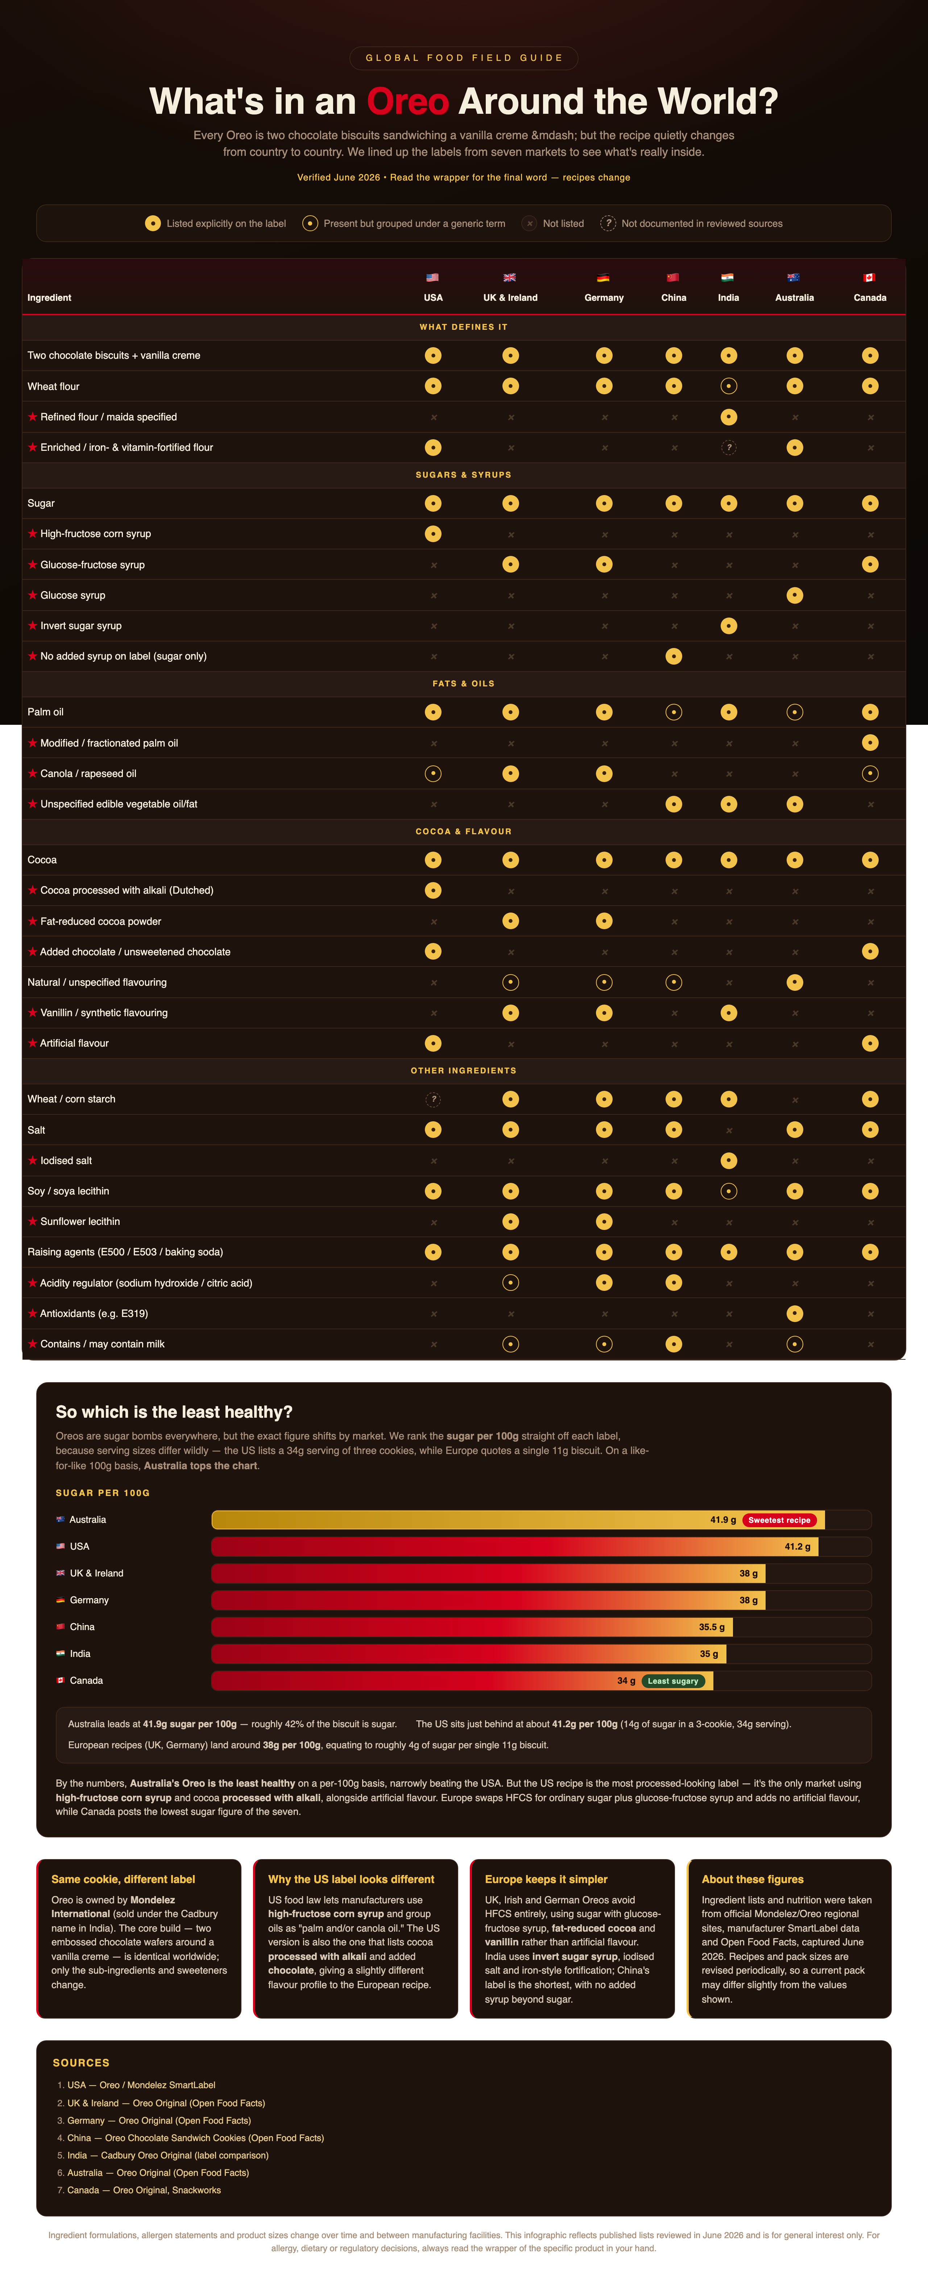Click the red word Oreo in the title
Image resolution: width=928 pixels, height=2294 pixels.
click(x=408, y=101)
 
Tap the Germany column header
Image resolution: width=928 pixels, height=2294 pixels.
click(x=604, y=298)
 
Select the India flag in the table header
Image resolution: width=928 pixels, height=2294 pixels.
click(x=728, y=277)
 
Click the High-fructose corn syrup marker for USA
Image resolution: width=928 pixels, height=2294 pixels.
click(x=433, y=533)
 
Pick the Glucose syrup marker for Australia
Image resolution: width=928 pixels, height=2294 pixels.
click(x=794, y=595)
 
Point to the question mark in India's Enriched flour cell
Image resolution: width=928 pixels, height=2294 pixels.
click(x=729, y=447)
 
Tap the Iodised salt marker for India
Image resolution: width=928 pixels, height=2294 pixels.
click(x=729, y=1160)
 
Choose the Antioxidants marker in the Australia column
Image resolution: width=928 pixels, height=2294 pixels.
click(x=794, y=1314)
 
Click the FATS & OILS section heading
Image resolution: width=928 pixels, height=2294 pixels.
click(x=463, y=683)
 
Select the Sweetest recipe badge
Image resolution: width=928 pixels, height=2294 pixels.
click(x=779, y=1520)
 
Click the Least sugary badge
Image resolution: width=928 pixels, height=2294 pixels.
click(x=672, y=1680)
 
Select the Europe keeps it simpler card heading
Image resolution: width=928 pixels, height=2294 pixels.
click(x=546, y=1879)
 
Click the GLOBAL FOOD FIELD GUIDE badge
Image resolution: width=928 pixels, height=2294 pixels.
click(x=464, y=58)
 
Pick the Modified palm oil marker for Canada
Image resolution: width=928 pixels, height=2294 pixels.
click(x=870, y=743)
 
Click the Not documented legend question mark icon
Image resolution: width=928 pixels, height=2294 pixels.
click(x=608, y=224)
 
